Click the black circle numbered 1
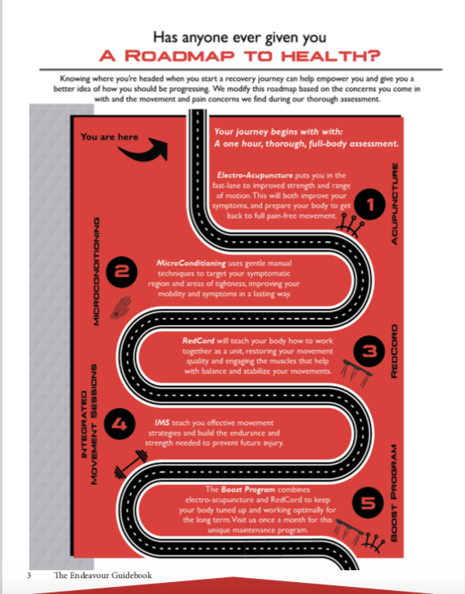[370, 204]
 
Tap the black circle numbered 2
[121, 272]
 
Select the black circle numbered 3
[369, 351]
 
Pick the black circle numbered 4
[119, 423]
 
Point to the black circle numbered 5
[368, 503]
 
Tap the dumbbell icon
[131, 464]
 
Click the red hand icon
[121, 307]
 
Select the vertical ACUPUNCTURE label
[395, 204]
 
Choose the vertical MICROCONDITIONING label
[97, 271]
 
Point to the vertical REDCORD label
[395, 350]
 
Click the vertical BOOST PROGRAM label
[394, 493]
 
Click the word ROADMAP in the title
[180, 56]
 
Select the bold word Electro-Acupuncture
[255, 176]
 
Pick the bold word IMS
[162, 422]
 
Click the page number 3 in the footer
[29, 575]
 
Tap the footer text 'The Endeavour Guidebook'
[103, 575]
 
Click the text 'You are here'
[109, 137]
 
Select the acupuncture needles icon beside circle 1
[350, 225]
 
